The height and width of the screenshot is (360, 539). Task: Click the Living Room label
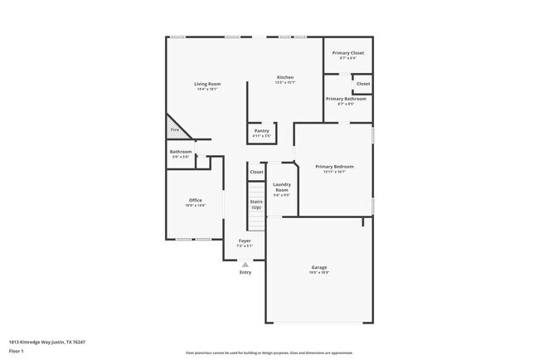coord(206,84)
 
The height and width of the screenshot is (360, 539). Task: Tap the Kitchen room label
coord(285,77)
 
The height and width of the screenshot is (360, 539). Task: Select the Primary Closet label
coord(347,53)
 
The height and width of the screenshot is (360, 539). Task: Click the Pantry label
coord(261,130)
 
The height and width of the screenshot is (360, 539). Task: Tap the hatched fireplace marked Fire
coord(175,130)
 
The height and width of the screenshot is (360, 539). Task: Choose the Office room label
coord(196,200)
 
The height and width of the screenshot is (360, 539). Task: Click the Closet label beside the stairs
coord(256,172)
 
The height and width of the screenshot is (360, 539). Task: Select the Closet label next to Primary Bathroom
coord(363,84)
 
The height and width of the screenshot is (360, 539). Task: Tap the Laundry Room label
coord(281,189)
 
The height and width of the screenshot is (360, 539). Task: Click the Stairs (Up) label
coord(256,204)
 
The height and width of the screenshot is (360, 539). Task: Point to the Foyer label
coord(245,241)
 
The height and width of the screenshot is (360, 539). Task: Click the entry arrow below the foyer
coord(245,265)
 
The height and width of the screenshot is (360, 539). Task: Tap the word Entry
coord(245,272)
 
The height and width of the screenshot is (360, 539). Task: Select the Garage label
coord(319,267)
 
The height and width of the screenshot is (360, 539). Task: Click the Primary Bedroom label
coord(334,167)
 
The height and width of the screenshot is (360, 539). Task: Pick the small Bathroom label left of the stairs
coord(181,152)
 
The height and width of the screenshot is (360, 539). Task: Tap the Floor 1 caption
coord(17,350)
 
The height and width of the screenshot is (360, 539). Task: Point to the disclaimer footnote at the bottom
coord(269,352)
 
